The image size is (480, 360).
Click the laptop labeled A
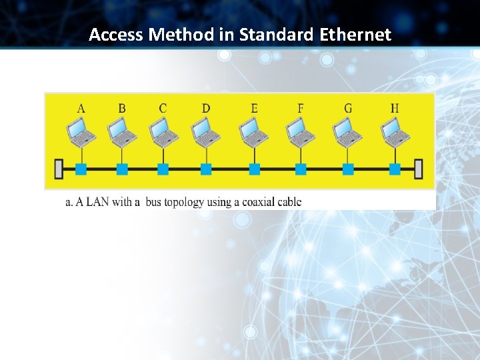click(82, 132)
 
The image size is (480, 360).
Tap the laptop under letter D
click(206, 132)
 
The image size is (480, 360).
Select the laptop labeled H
click(395, 132)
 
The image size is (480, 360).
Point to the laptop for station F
click(301, 132)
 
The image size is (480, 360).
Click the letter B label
click(122, 108)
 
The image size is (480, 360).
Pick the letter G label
click(348, 108)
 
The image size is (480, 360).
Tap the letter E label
click(255, 108)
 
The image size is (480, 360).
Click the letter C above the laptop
click(163, 108)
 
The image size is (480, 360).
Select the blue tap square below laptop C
click(163, 169)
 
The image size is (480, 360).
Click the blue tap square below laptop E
click(255, 169)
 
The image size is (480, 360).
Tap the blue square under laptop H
click(395, 169)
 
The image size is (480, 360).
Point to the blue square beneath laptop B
click(122, 169)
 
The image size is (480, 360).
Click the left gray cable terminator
click(59, 169)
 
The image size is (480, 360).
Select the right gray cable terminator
click(419, 169)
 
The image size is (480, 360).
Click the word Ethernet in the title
click(357, 35)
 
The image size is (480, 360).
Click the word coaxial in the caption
click(257, 201)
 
